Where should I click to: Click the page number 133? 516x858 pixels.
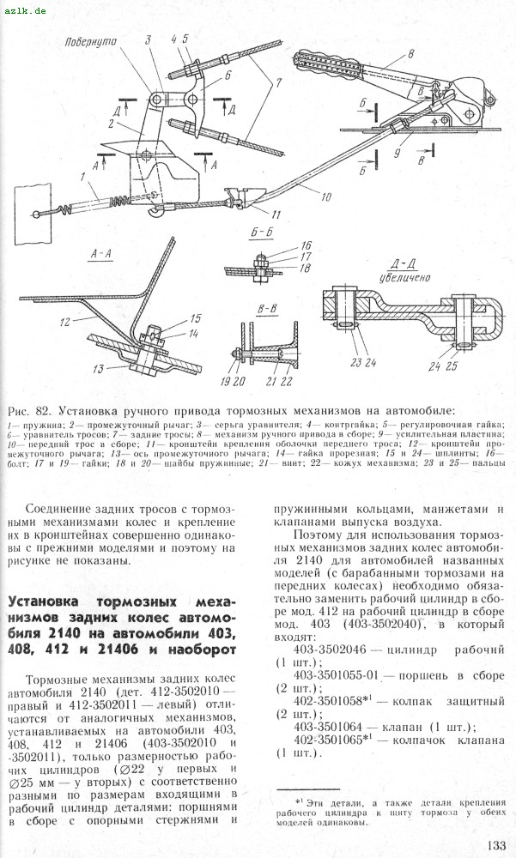tap(496, 844)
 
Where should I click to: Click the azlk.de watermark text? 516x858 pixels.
tap(25, 8)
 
